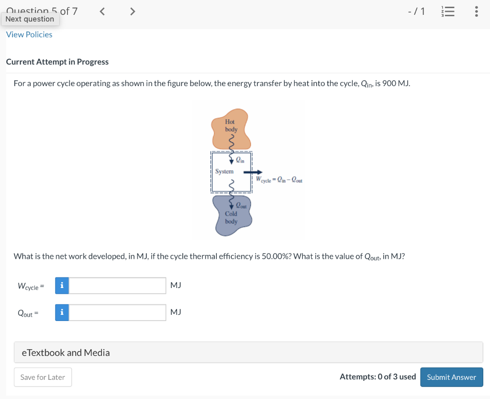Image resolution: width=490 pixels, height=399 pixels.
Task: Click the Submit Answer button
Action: pos(451,377)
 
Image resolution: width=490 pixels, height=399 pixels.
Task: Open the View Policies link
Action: pos(29,34)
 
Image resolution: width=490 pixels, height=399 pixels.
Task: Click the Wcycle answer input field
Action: pos(118,286)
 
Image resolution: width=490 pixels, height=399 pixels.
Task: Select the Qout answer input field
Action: pos(118,313)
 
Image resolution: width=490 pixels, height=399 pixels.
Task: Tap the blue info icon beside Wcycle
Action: pos(61,286)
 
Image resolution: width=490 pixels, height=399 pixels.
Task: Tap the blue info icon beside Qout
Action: pos(61,313)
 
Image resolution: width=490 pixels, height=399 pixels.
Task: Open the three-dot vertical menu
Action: pos(476,11)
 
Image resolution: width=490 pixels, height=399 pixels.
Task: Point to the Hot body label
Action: pos(231,126)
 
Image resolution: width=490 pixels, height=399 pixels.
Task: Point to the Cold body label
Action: pos(231,218)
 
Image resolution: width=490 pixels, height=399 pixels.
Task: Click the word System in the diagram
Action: pos(224,171)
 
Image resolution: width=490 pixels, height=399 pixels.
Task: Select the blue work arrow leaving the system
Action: pos(253,172)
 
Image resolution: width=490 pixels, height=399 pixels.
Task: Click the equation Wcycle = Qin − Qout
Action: pos(278,180)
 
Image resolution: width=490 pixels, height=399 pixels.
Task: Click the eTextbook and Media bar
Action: pos(248,353)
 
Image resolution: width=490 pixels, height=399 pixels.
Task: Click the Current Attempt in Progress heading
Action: pos(57,62)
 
